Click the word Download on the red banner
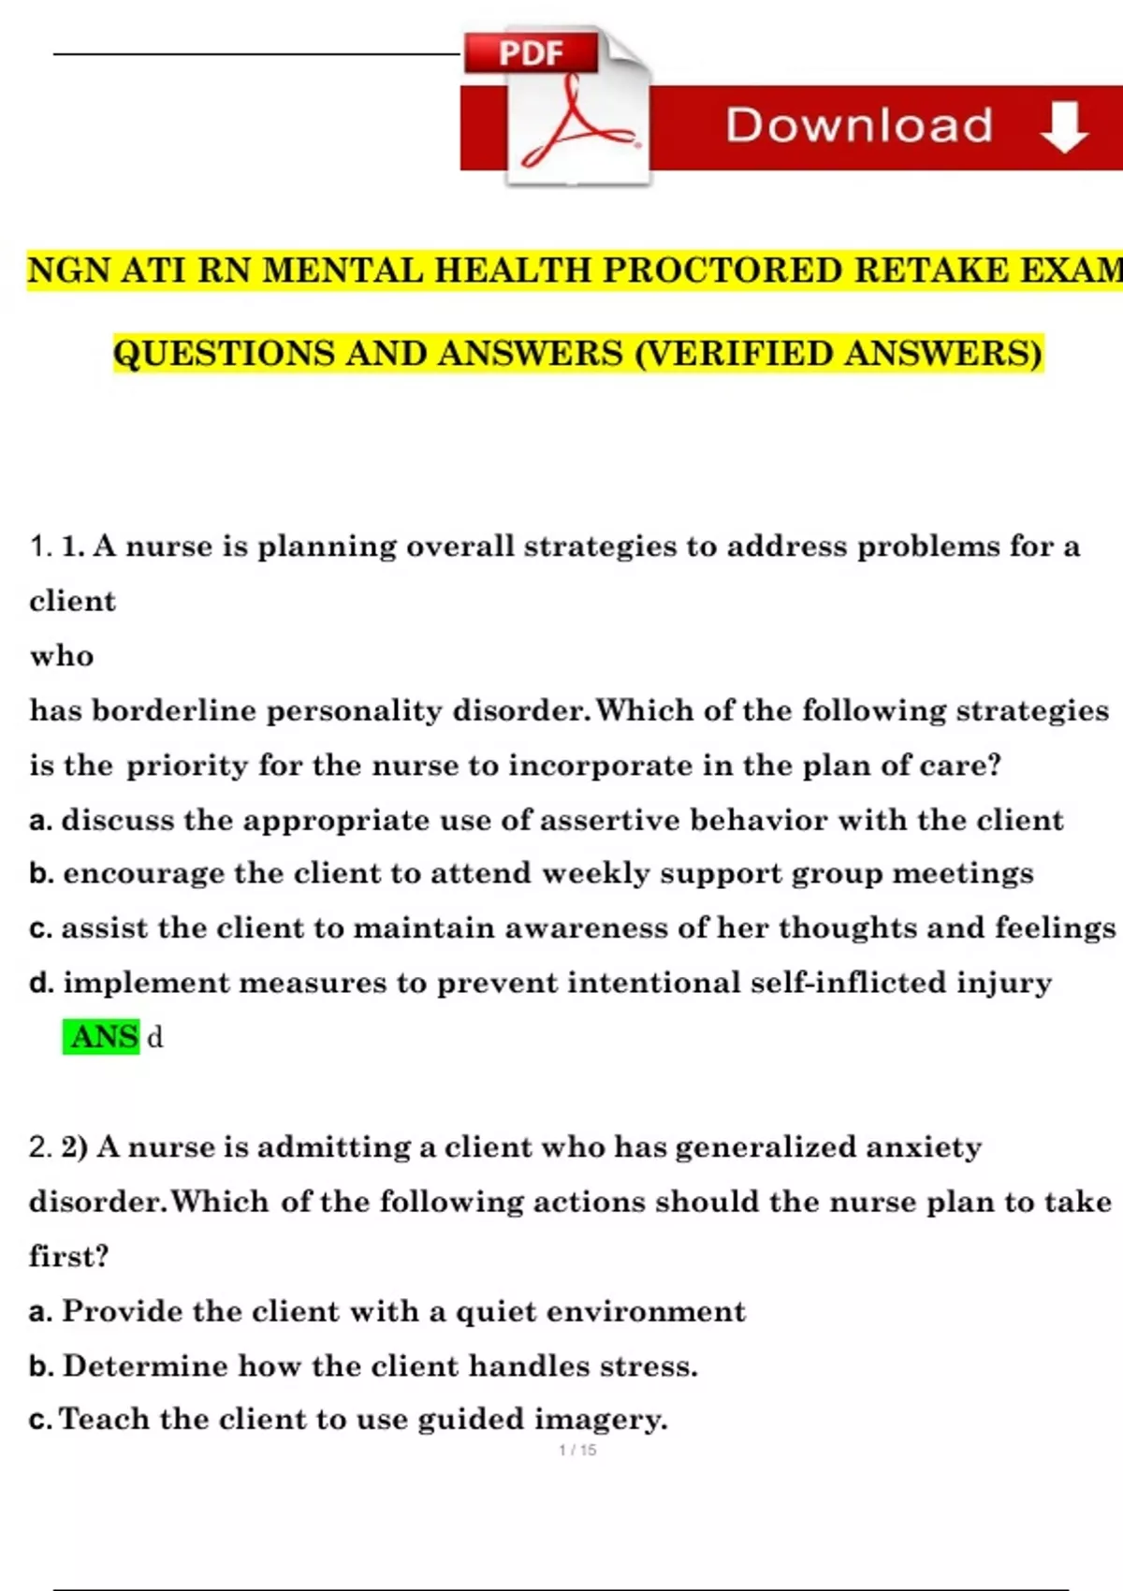859,125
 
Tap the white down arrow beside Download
1064,127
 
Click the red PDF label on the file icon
531,52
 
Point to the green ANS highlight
102,1037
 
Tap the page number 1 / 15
577,1450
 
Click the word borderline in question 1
173,710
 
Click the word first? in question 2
68,1256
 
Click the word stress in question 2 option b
648,1366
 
